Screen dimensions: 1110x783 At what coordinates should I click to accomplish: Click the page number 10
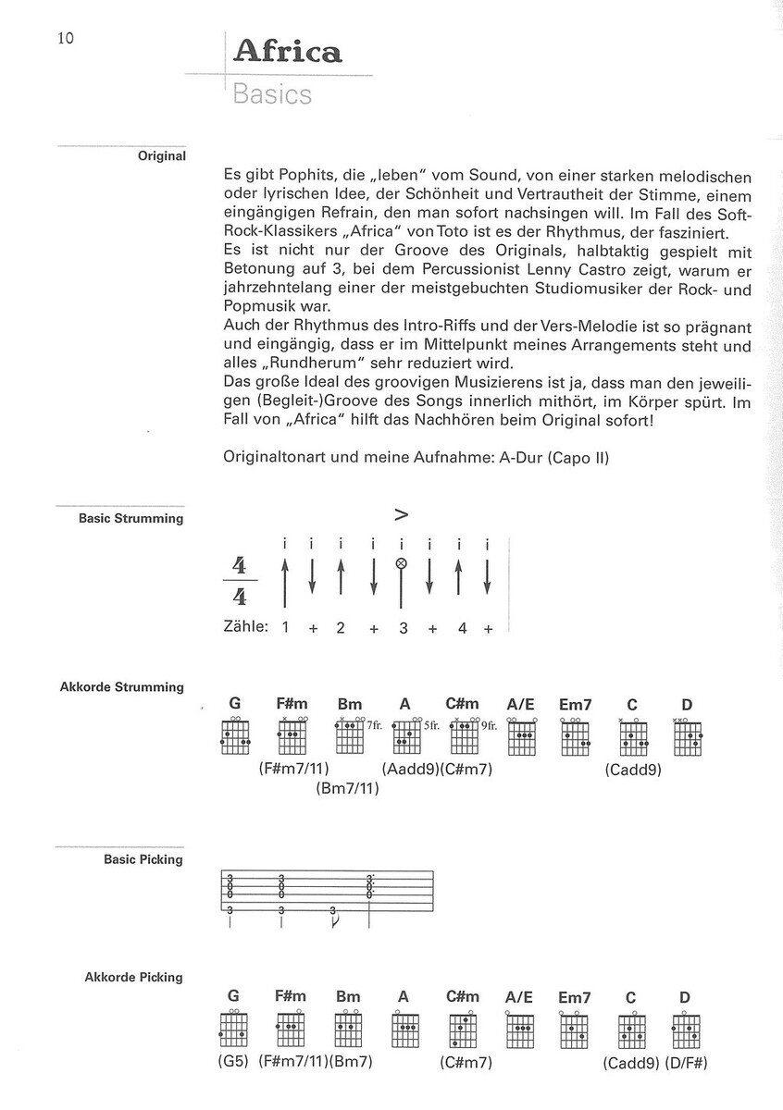click(65, 38)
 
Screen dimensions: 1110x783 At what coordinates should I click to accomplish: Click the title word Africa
click(287, 53)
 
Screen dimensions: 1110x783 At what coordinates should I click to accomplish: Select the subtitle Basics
click(273, 94)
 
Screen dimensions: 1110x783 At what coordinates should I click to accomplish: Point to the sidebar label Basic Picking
click(143, 859)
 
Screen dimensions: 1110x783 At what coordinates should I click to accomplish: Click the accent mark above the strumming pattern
click(402, 515)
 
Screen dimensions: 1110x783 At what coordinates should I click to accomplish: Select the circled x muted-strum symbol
click(401, 563)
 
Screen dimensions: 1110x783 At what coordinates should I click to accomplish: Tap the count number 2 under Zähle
click(341, 628)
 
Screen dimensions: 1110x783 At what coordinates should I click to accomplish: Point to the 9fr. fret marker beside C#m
click(489, 726)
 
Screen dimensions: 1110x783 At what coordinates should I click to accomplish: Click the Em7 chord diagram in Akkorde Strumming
click(575, 737)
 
